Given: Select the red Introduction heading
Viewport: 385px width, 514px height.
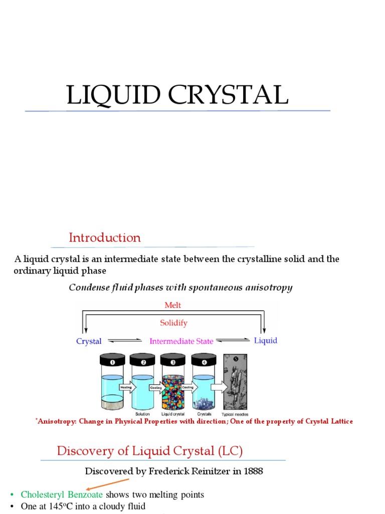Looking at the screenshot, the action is point(105,237).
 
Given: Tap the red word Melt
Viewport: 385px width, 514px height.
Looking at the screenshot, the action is point(172,305).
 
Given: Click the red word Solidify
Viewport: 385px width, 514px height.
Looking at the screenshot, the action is point(173,323).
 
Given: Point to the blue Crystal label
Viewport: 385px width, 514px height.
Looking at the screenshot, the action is point(89,341).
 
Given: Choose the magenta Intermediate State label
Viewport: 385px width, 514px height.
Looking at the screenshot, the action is point(181,341).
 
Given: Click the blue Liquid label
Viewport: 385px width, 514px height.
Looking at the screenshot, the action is point(266,340).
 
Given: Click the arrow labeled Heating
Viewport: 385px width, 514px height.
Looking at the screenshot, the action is point(126,388).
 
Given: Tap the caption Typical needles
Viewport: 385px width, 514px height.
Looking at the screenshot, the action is point(235,415).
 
